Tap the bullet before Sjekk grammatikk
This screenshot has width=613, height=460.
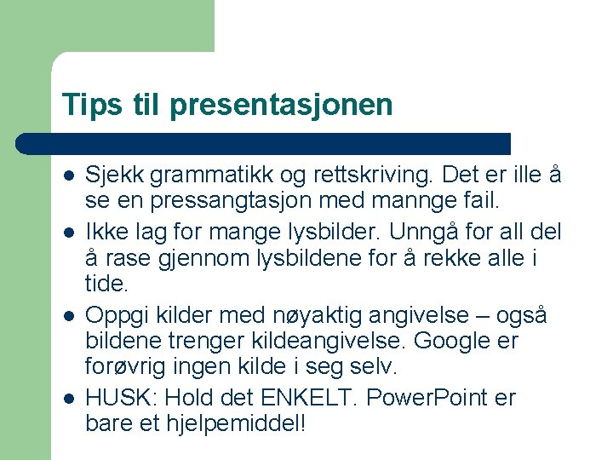click(x=68, y=175)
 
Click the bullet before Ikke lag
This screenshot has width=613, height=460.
click(x=68, y=231)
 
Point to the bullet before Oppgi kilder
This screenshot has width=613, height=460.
click(x=68, y=315)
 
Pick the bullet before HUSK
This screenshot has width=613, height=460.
click(x=68, y=398)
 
